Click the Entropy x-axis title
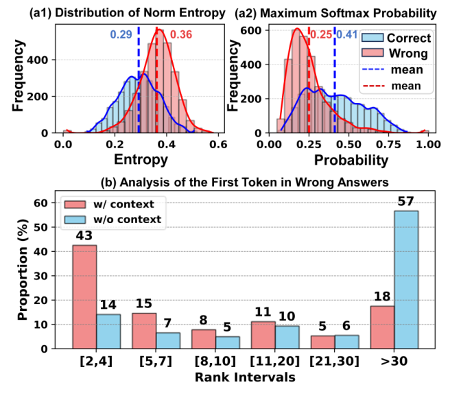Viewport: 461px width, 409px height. pyautogui.click(x=141, y=162)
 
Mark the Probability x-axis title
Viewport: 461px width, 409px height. pyautogui.click(x=351, y=162)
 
